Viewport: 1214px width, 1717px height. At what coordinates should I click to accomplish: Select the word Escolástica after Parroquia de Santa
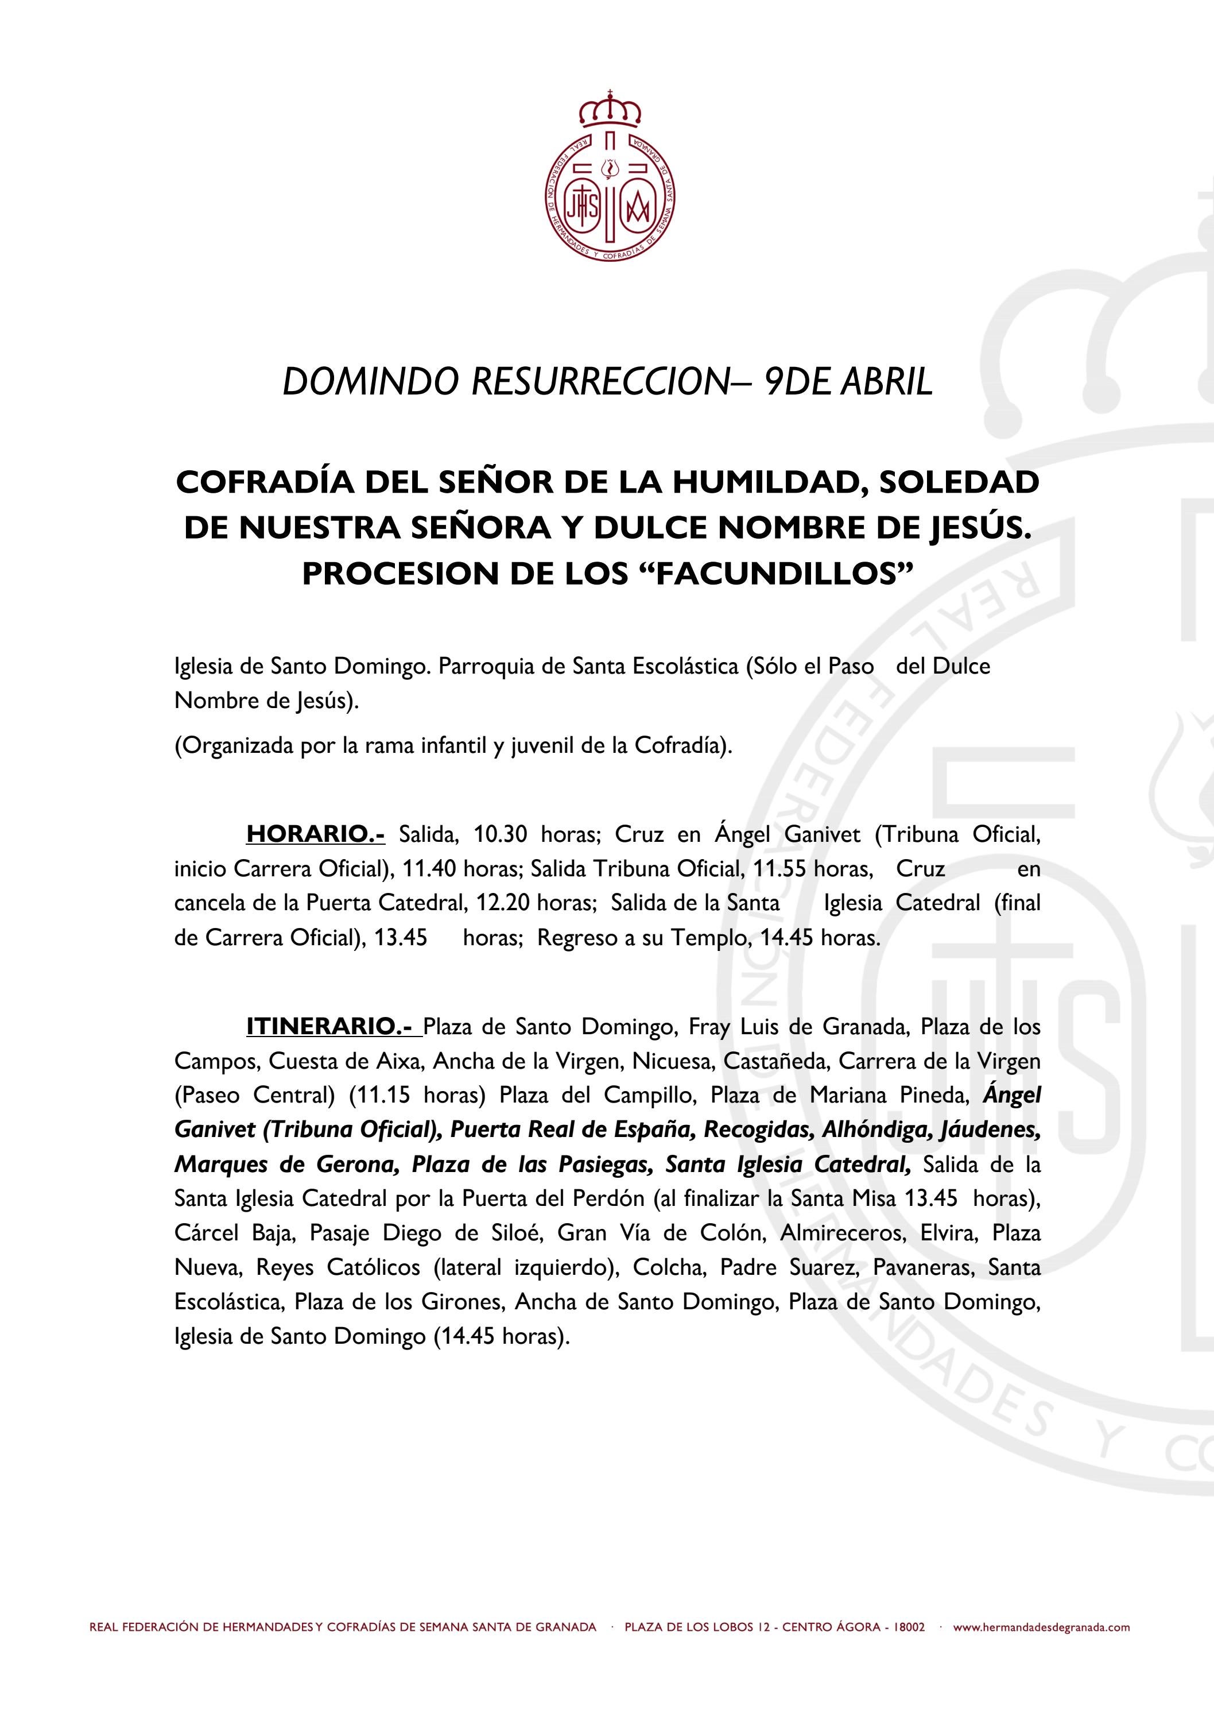click(x=685, y=666)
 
